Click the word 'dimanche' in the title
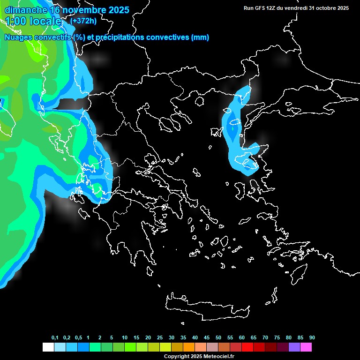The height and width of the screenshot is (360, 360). coord(25,10)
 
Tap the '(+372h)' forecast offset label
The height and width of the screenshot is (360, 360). coord(83,21)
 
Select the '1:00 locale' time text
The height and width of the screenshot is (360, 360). coord(33,21)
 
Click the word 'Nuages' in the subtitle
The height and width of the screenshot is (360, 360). coord(19,37)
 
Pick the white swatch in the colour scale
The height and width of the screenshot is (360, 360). coord(48,347)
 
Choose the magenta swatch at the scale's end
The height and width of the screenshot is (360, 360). coord(306,347)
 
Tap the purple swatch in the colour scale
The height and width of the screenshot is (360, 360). coord(294,347)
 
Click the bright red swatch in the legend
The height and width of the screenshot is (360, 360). coord(247,347)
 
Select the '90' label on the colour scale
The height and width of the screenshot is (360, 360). coord(312,337)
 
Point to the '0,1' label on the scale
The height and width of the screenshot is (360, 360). coord(55,337)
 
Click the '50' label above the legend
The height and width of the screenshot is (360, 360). coord(218,337)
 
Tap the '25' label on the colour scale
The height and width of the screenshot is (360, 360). coord(160,337)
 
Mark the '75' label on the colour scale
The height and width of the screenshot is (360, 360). coord(277,337)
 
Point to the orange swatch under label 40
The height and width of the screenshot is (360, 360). coord(189,347)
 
